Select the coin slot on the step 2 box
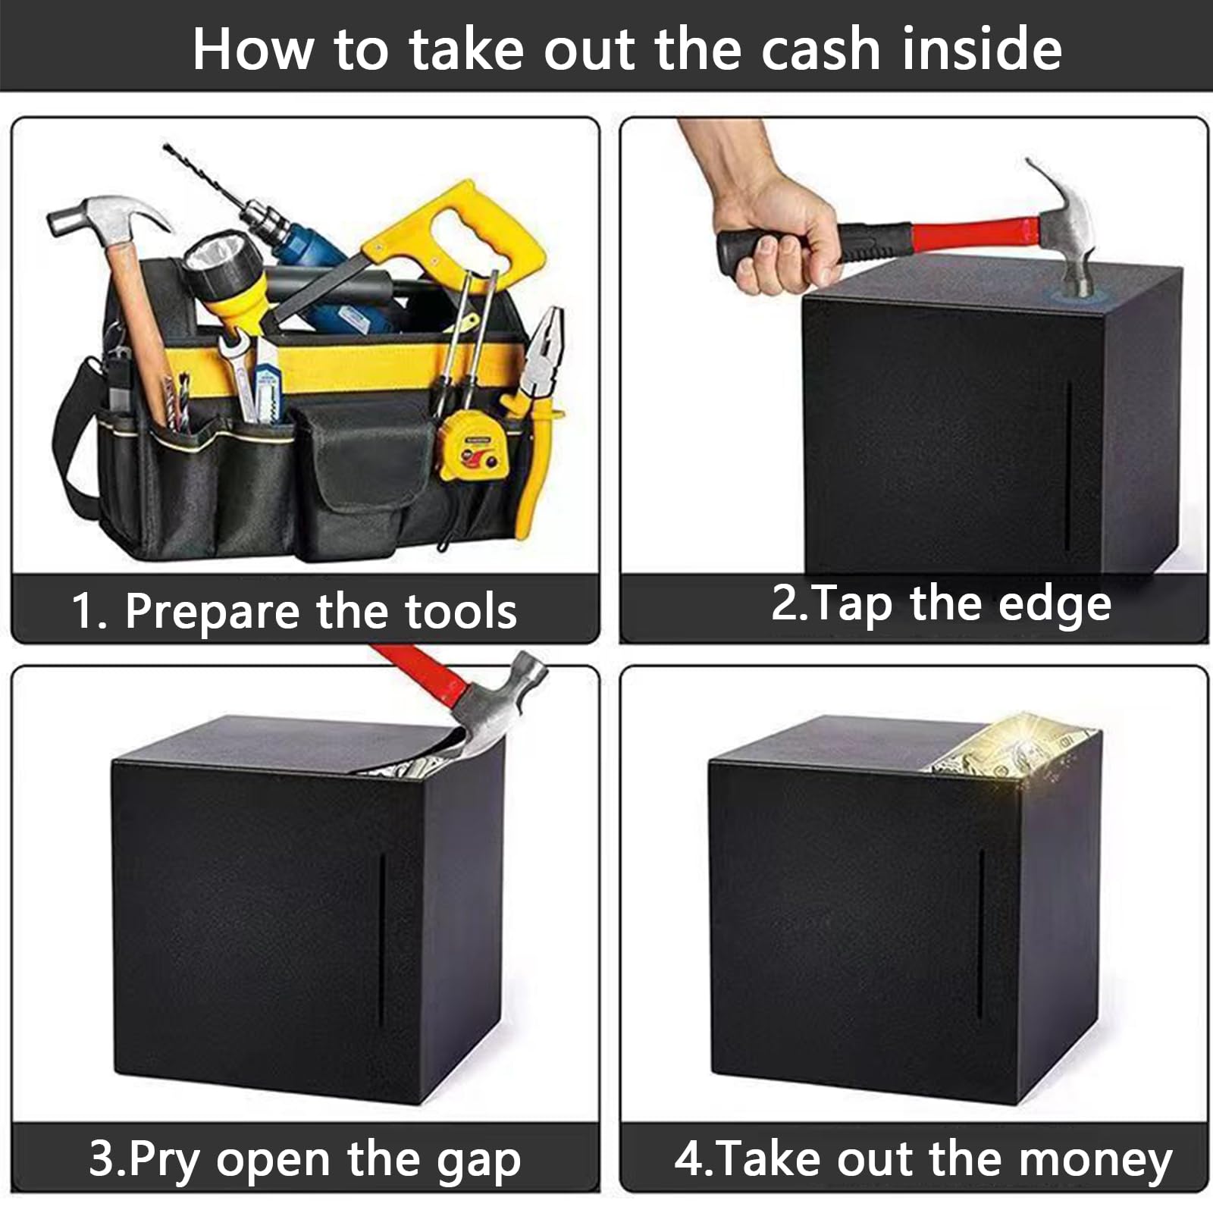point(1069,466)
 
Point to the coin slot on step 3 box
point(382,940)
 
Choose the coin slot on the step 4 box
point(981,936)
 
